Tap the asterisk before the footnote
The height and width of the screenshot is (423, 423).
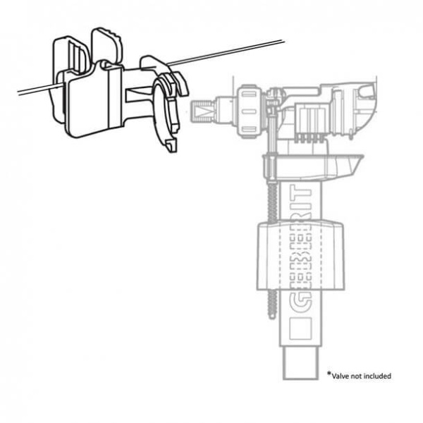[329, 373]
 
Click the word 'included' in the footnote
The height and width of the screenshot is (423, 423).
[377, 376]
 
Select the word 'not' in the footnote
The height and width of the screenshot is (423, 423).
[355, 376]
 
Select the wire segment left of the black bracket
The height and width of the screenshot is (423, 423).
[28, 90]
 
